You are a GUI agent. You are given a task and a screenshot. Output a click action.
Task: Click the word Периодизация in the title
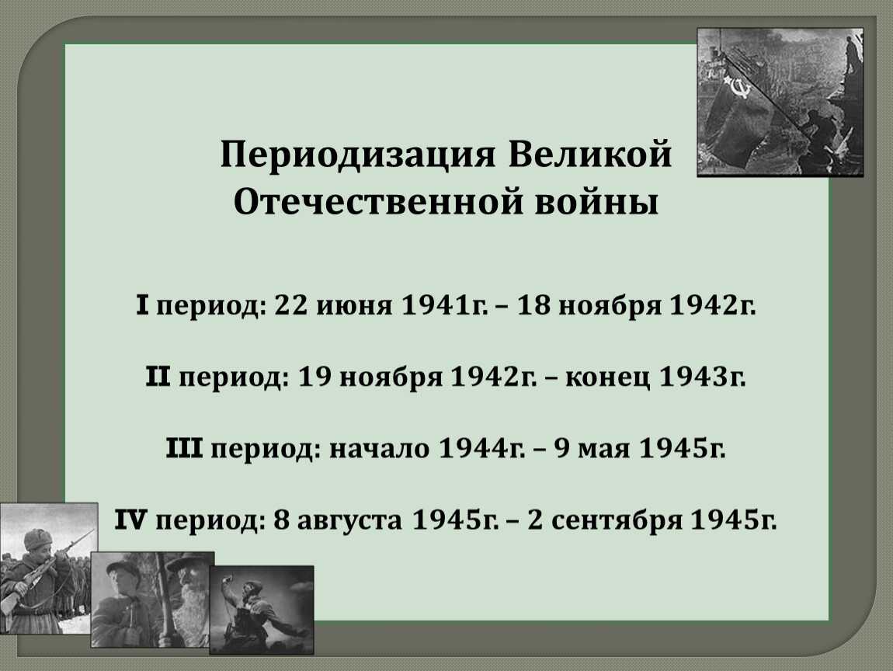pyautogui.click(x=358, y=155)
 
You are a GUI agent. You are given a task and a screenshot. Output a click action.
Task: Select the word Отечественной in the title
pyautogui.click(x=377, y=202)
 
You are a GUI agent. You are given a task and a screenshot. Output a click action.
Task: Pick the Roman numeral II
pyautogui.click(x=158, y=377)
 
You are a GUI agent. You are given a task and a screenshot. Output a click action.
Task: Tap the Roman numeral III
pyautogui.click(x=184, y=447)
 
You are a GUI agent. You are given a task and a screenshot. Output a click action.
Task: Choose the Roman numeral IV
pyautogui.click(x=131, y=519)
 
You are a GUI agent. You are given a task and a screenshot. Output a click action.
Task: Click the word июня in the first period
pyautogui.click(x=354, y=307)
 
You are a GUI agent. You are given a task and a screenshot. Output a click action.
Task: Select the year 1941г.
pyautogui.click(x=445, y=306)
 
